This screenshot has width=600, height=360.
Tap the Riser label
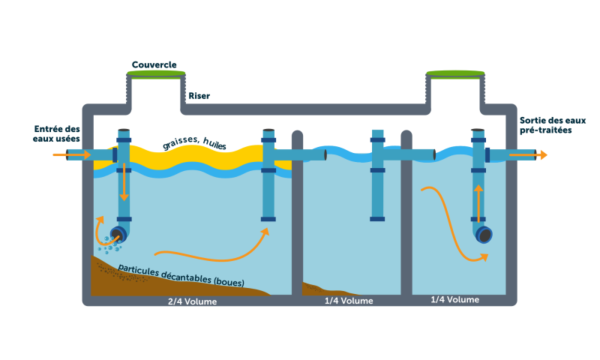[x=199, y=96]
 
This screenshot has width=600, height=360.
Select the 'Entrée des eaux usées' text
[x=56, y=134]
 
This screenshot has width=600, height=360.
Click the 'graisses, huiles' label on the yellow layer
[x=194, y=142]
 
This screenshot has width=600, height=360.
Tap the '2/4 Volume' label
[x=193, y=301]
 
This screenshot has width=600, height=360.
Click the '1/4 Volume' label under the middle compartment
[x=349, y=301]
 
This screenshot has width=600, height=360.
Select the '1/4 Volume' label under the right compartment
[x=454, y=300]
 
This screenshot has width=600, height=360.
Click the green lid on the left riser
[x=155, y=73]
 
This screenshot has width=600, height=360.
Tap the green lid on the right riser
[x=455, y=73]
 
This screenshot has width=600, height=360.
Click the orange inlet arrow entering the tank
[x=70, y=155]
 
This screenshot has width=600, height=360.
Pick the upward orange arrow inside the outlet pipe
[x=478, y=201]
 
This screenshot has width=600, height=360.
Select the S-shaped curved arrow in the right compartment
[x=454, y=225]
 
